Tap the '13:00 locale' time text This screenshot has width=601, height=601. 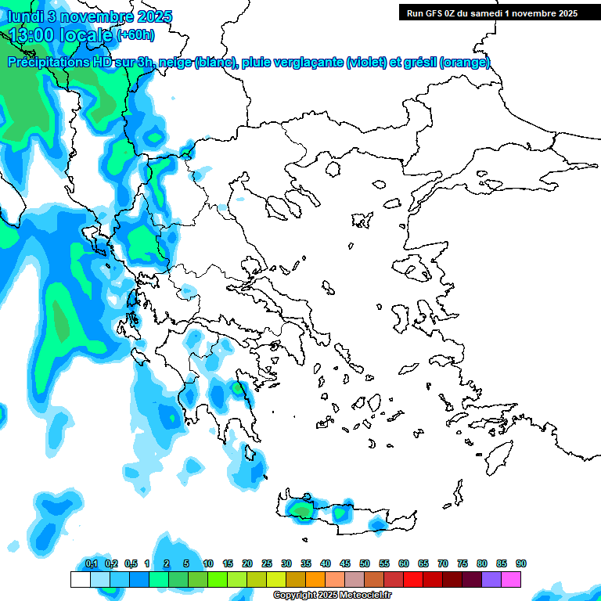click(61, 34)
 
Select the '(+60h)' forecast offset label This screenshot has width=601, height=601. click(135, 35)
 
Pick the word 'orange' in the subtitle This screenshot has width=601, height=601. click(465, 63)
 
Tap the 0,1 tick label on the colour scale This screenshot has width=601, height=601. click(91, 564)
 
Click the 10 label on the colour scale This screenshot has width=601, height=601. click(208, 564)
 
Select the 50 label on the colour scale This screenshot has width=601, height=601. click(365, 564)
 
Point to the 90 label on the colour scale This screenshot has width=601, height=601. click(521, 564)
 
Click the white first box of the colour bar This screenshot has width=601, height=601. click(81, 579)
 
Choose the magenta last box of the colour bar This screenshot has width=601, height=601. click(512, 579)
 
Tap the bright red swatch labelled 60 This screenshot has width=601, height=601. click(413, 579)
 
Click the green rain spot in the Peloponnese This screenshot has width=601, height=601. click(237, 388)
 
